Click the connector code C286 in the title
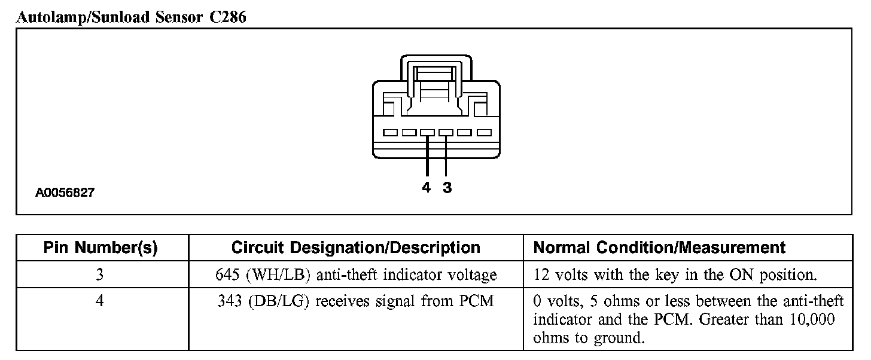click(227, 17)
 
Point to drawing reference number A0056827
click(65, 193)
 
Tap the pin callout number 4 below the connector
click(426, 188)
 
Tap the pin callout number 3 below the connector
click(447, 188)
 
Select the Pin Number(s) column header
click(100, 248)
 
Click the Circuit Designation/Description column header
click(355, 248)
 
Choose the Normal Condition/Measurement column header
click(659, 248)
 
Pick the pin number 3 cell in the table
click(100, 274)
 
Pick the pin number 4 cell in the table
click(100, 301)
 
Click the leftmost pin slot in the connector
click(391, 133)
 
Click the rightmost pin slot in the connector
click(484, 133)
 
